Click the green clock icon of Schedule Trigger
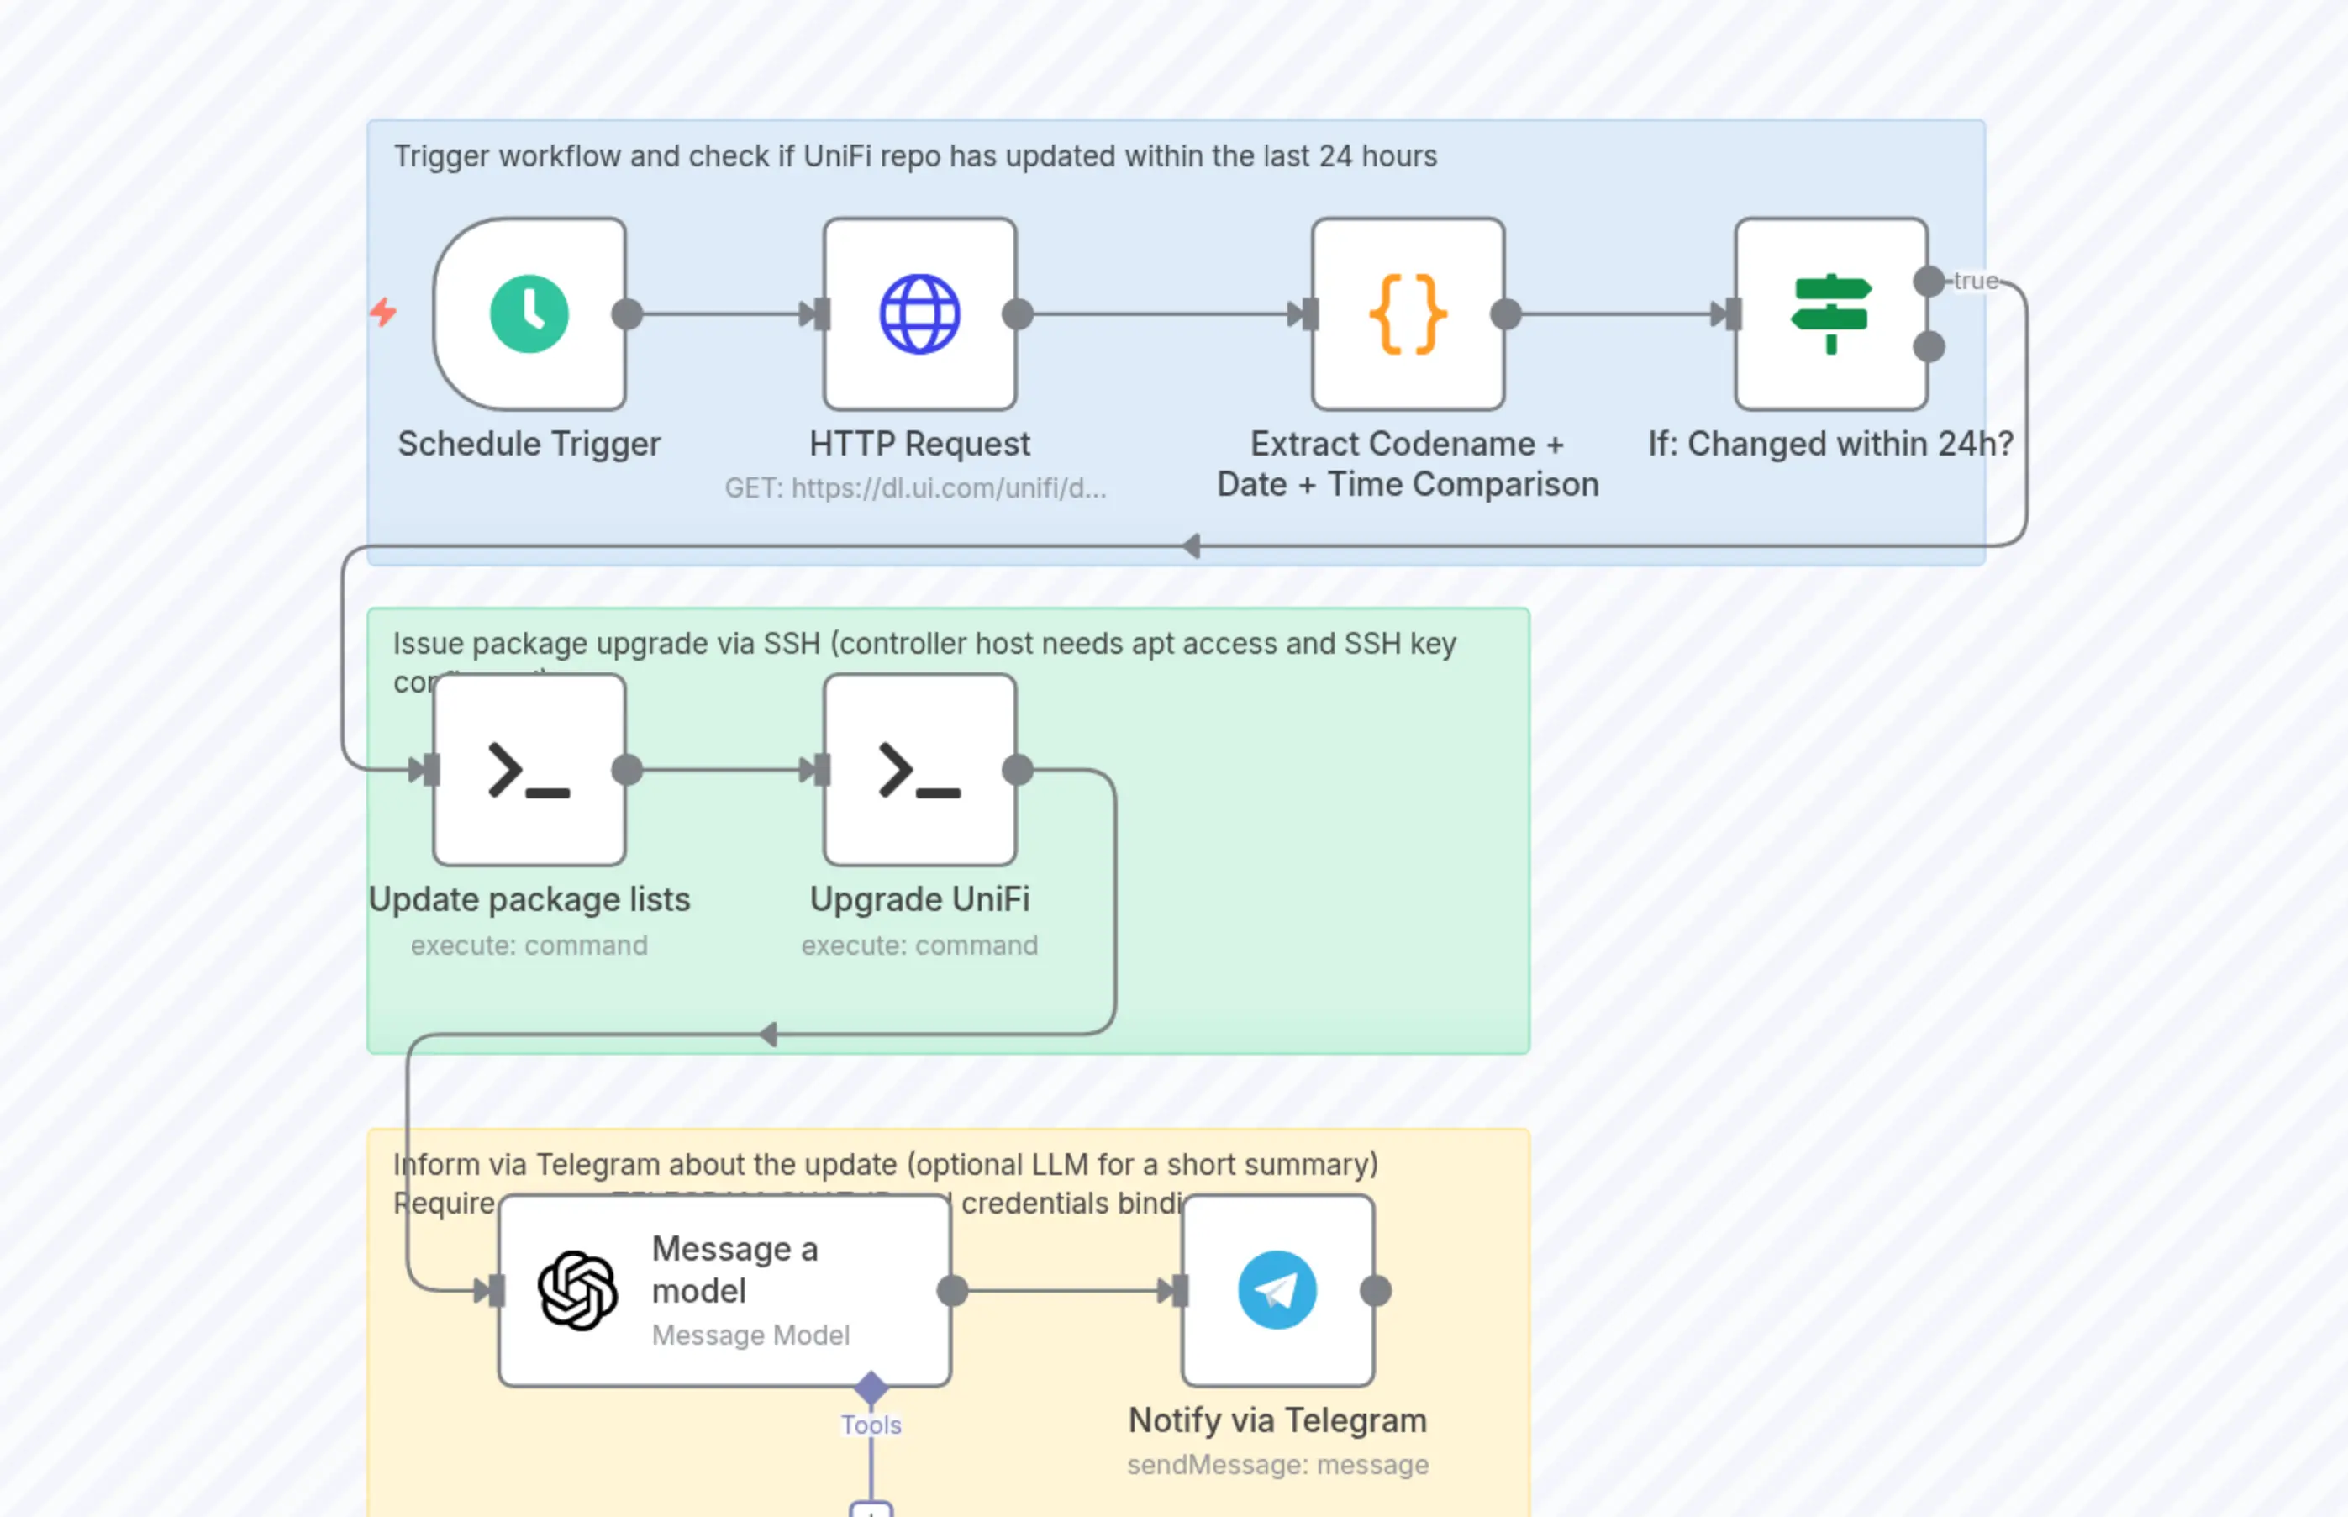point(529,314)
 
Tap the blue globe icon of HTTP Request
point(919,314)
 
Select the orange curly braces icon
point(1408,314)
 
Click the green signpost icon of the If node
point(1830,314)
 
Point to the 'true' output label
point(1975,282)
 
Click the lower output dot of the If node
point(1929,347)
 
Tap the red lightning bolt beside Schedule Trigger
point(383,313)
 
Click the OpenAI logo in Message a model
point(578,1290)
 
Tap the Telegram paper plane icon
point(1277,1290)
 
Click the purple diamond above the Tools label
point(871,1388)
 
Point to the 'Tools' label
point(871,1425)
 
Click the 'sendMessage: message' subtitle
point(1277,1465)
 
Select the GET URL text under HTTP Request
point(915,487)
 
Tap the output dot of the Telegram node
point(1375,1290)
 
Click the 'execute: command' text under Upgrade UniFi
point(919,945)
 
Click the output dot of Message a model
point(952,1290)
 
